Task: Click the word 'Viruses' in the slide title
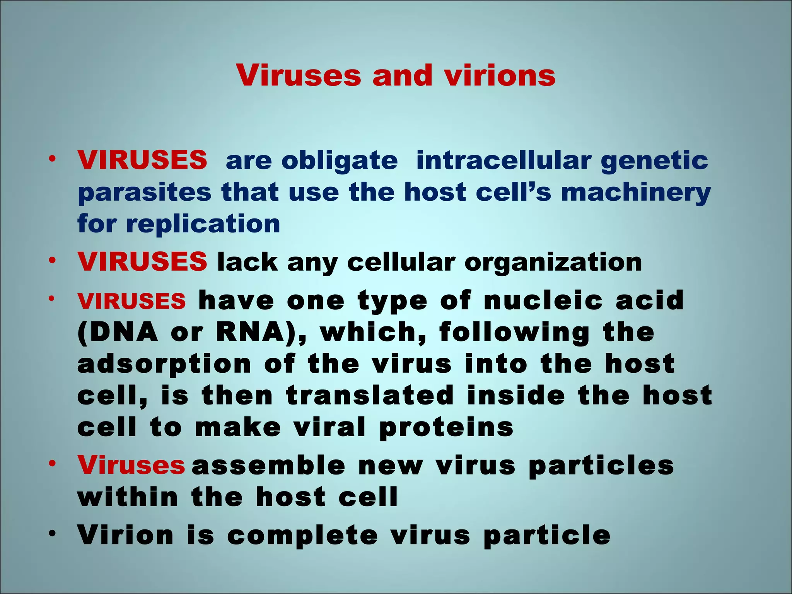coord(299,75)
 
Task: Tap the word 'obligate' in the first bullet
coord(340,161)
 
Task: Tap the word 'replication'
coord(203,224)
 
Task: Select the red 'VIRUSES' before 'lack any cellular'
coord(142,261)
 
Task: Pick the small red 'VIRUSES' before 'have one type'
coord(131,301)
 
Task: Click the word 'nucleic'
coord(543,300)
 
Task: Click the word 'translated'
coord(370,396)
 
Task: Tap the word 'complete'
coord(302,536)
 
